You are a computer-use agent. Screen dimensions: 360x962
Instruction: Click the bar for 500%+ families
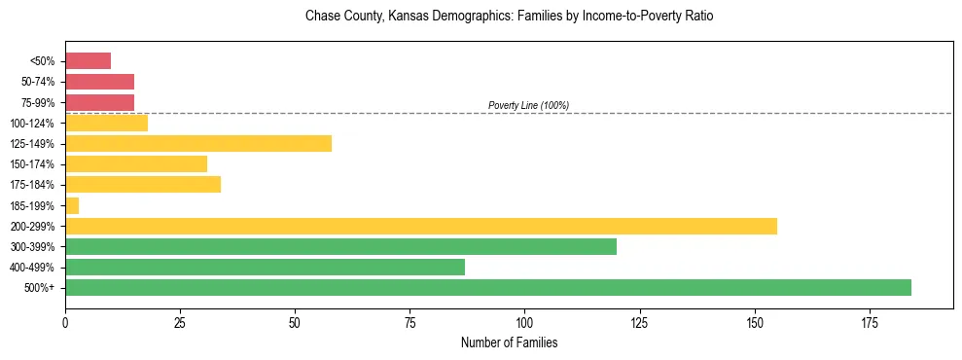(x=487, y=287)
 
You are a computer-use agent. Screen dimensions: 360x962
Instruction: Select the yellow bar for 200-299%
(x=420, y=226)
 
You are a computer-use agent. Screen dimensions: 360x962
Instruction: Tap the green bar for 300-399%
(x=340, y=246)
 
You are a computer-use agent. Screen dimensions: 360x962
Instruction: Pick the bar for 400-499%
(x=265, y=267)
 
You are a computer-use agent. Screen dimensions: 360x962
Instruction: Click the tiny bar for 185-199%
(x=72, y=205)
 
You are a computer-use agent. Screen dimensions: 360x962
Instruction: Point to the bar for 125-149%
(x=198, y=143)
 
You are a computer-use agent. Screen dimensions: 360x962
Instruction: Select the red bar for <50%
(x=88, y=61)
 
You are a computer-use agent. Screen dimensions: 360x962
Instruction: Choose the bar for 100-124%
(x=106, y=123)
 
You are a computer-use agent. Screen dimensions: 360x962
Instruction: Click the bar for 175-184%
(x=143, y=184)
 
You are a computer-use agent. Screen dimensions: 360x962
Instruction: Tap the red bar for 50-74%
(x=99, y=82)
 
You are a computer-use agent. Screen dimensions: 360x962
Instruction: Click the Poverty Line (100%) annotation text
(x=528, y=105)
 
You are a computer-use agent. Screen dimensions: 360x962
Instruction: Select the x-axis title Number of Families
(x=509, y=342)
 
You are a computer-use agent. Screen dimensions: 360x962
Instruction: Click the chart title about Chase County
(x=509, y=18)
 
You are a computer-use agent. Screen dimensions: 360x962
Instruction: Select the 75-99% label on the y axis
(x=38, y=103)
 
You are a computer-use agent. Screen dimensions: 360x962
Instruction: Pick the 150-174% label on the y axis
(x=34, y=164)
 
